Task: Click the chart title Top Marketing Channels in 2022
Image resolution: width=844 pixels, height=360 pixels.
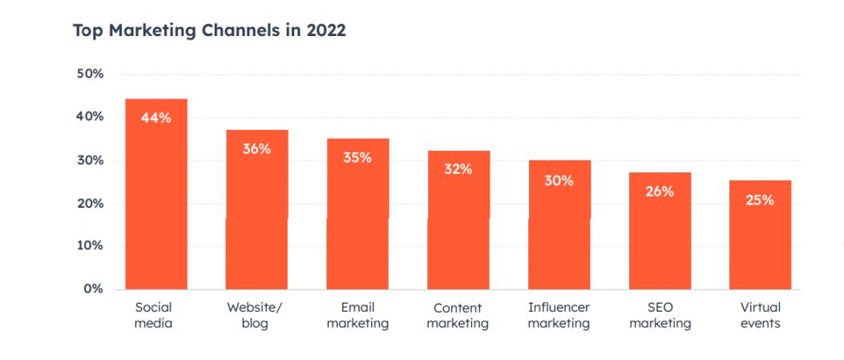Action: pos(208,31)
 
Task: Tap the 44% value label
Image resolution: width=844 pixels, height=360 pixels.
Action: pos(156,118)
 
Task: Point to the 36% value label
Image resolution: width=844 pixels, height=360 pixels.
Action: pos(256,149)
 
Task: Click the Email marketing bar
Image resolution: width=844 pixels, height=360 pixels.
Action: pos(357,224)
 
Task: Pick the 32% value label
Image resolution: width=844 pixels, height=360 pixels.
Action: pos(458,169)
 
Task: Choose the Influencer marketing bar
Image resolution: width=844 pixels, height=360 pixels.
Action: pos(559,233)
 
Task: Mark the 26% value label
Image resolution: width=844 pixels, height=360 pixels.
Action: pos(660,192)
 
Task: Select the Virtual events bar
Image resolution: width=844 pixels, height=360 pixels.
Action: pos(760,241)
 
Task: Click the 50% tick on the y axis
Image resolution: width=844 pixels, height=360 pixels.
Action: pos(89,75)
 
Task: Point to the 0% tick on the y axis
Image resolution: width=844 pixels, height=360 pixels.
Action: pos(93,289)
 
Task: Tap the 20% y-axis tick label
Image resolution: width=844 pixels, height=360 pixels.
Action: pos(89,204)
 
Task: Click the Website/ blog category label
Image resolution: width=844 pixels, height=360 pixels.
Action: pos(255,315)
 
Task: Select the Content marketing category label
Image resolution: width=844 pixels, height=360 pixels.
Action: pos(458,315)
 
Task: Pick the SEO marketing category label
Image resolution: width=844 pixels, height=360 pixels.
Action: pos(660,315)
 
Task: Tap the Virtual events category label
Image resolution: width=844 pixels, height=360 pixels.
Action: pos(760,315)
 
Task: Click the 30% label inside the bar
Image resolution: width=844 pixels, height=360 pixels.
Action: pos(559,180)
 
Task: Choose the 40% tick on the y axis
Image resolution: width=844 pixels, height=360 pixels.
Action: pos(89,117)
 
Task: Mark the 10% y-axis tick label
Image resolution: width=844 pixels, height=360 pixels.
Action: pos(89,246)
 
